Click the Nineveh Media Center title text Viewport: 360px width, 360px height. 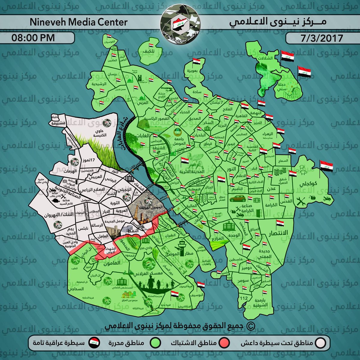79,22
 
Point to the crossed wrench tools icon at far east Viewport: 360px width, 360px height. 300,202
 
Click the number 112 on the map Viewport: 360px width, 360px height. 244,298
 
